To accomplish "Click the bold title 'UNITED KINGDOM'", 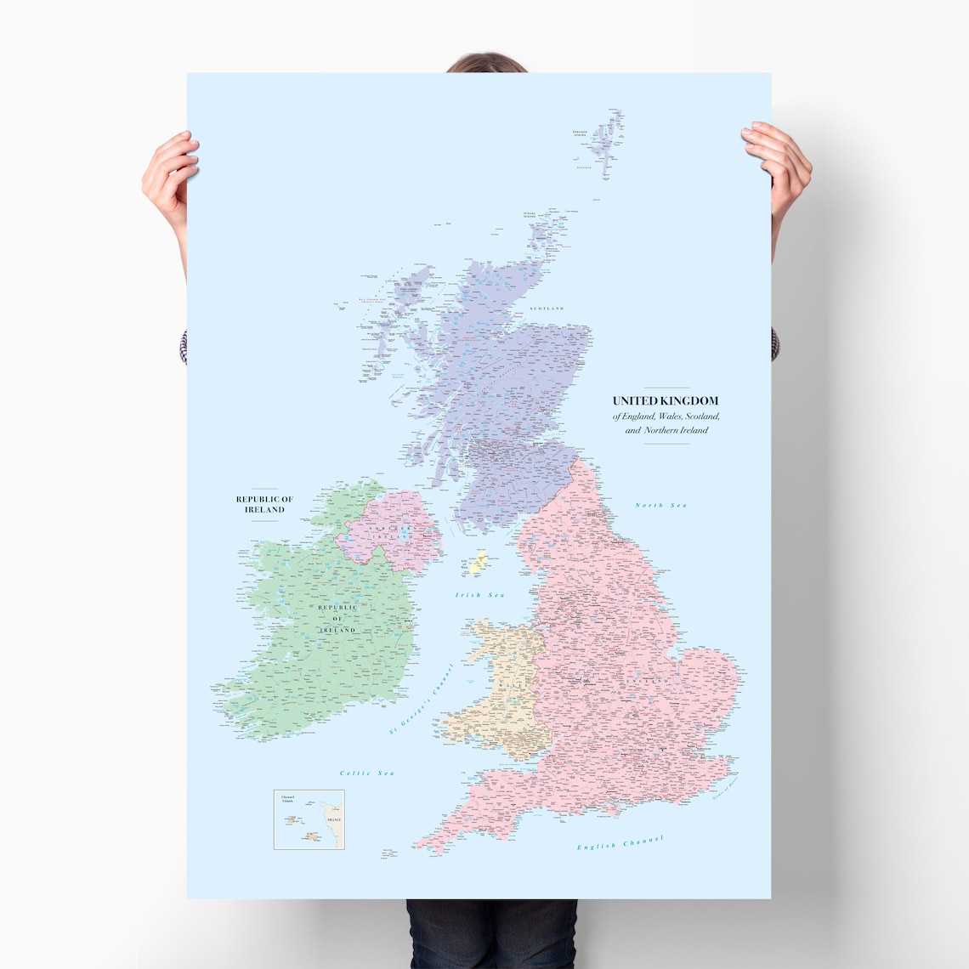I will click(666, 400).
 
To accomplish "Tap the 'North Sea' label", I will click(660, 506).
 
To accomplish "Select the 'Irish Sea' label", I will click(480, 595).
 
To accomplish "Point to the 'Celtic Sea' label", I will click(367, 773).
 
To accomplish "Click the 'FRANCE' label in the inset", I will click(333, 819).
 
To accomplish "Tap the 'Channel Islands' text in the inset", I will click(287, 800).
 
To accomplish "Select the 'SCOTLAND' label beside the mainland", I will click(547, 309).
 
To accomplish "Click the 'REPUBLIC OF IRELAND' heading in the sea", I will click(264, 504).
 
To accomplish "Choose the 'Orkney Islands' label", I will click(530, 214).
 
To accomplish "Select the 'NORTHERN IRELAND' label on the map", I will click(388, 533).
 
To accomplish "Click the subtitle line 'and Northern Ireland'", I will click(666, 430).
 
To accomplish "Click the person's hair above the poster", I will click(485, 64).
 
